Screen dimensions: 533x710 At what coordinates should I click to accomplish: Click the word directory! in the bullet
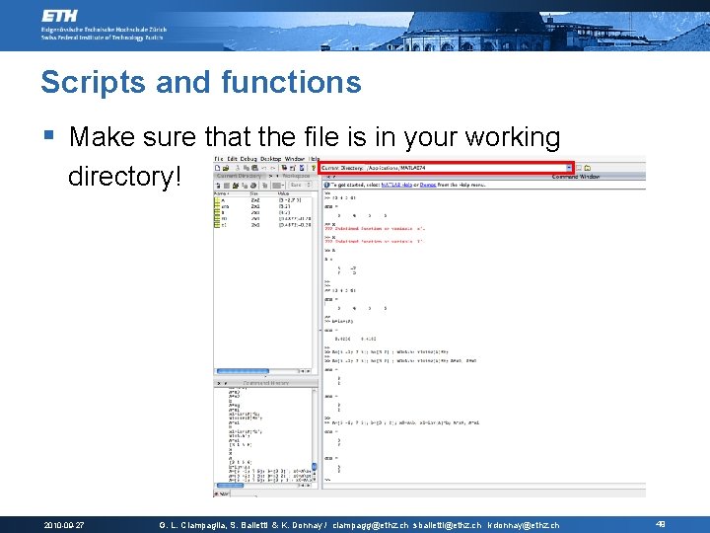pyautogui.click(x=125, y=178)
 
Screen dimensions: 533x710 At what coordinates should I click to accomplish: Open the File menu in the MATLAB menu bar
pyautogui.click(x=219, y=159)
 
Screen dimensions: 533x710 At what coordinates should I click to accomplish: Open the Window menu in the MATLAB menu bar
pyautogui.click(x=294, y=159)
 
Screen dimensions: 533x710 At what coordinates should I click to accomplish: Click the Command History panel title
pyautogui.click(x=266, y=382)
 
